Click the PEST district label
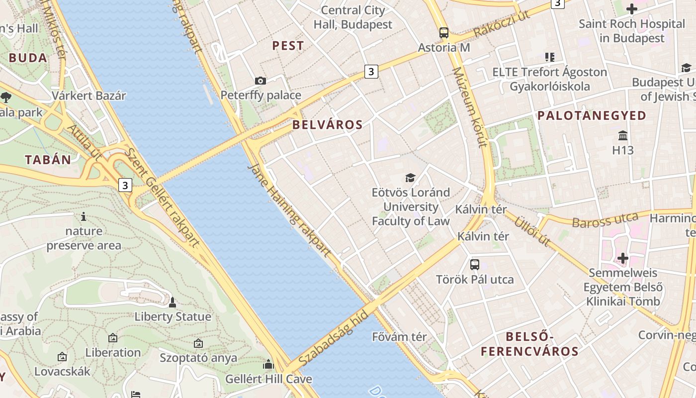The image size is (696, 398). [288, 46]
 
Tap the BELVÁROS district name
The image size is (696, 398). [327, 124]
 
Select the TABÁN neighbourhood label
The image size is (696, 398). [48, 160]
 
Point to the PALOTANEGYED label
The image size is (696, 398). [592, 115]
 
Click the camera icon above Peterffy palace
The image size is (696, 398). [260, 81]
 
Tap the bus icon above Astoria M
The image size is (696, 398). [444, 33]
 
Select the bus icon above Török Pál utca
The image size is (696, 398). [475, 265]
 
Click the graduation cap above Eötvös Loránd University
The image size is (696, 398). [410, 178]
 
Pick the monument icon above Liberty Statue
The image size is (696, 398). [173, 302]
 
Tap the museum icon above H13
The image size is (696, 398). [623, 135]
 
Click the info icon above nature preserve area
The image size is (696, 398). [84, 216]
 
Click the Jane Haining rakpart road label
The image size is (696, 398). [289, 209]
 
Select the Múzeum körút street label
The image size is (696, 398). [468, 107]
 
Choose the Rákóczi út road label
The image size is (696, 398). [502, 24]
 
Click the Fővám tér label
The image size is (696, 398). [399, 337]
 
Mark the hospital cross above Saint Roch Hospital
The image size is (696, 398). [632, 9]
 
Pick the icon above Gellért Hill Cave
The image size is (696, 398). [268, 364]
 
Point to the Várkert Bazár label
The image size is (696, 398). [89, 96]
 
